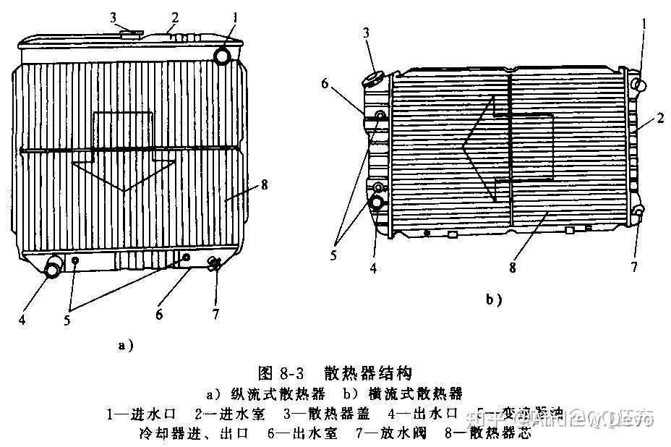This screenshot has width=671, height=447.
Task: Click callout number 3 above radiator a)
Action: [114, 17]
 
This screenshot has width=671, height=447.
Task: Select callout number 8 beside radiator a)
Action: [265, 184]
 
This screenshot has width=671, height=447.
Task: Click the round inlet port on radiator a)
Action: [223, 54]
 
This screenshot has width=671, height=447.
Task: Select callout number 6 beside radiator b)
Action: [325, 84]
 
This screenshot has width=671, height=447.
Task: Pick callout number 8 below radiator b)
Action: [513, 267]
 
